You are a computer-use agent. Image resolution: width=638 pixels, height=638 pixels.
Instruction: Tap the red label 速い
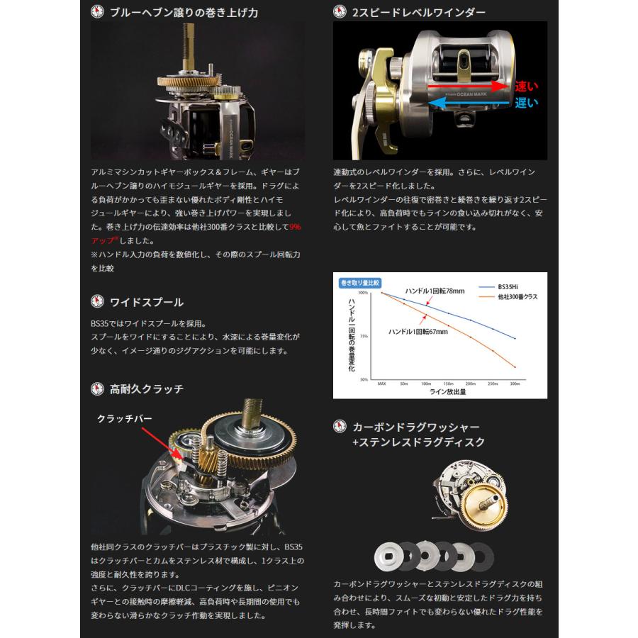(x=527, y=86)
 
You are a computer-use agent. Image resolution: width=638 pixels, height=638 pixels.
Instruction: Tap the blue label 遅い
(x=527, y=103)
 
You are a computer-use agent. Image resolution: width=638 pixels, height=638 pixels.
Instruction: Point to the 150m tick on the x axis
(x=448, y=383)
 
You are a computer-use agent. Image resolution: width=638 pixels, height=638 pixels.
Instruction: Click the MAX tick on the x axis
(x=381, y=383)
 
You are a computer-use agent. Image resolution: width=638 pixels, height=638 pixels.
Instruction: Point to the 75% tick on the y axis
(x=363, y=336)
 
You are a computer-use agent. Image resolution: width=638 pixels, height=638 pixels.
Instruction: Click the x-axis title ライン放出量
(x=449, y=391)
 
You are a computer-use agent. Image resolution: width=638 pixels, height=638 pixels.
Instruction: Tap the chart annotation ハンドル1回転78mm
(x=435, y=291)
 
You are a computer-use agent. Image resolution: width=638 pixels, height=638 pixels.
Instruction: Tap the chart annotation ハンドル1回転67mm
(x=418, y=330)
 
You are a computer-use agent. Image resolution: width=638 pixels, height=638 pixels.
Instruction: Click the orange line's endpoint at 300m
(x=515, y=367)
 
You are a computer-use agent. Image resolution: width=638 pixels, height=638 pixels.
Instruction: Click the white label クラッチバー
(x=125, y=418)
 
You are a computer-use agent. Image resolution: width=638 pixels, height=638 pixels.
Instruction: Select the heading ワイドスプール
(x=147, y=302)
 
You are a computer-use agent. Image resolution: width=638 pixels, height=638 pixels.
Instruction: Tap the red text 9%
(x=295, y=228)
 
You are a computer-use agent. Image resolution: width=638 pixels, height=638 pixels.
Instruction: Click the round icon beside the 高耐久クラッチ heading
(x=98, y=388)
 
